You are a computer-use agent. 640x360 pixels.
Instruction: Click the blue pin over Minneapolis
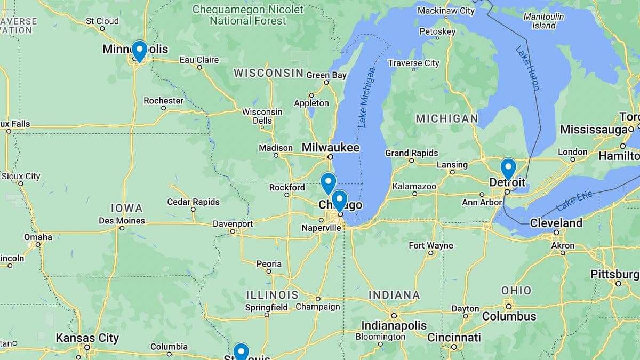(139, 51)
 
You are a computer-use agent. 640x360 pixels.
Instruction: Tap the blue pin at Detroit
(508, 169)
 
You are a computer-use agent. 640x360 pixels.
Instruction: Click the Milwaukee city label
(331, 147)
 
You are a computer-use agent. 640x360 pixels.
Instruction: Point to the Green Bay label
(326, 75)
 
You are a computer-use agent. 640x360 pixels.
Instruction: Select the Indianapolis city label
(394, 325)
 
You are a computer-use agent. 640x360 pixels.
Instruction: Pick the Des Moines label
(122, 221)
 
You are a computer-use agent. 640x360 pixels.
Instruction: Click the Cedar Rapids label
(193, 202)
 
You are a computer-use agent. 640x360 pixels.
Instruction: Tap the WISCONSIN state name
(268, 73)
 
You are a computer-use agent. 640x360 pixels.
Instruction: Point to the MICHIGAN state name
(447, 118)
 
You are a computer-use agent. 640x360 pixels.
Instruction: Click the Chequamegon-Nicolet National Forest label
(248, 15)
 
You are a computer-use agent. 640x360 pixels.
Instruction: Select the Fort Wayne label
(431, 245)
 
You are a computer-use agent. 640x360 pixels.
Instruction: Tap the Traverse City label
(414, 63)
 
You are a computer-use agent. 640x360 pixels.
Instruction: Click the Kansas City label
(87, 338)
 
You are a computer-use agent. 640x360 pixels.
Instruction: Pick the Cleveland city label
(556, 223)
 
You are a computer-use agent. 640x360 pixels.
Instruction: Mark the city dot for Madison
(276, 156)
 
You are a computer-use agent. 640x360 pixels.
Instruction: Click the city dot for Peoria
(269, 271)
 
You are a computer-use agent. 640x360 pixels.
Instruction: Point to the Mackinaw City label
(446, 11)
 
